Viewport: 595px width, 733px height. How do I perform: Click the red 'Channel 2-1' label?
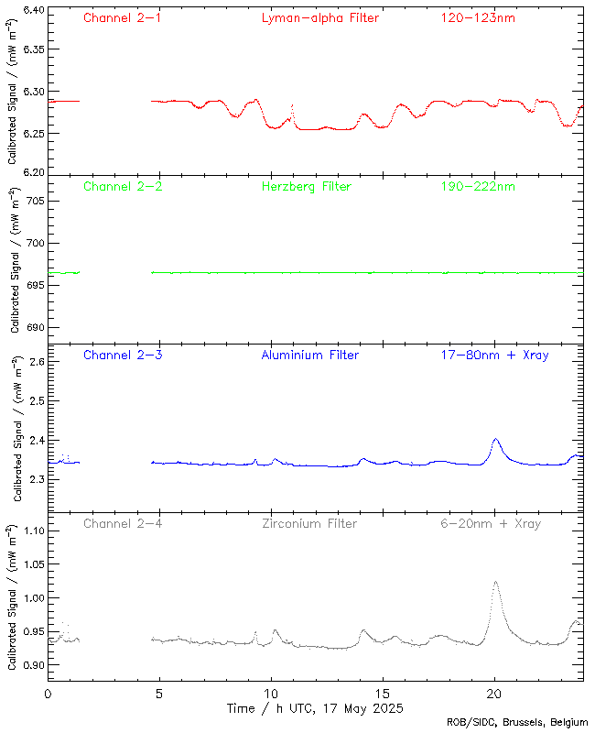tap(122, 18)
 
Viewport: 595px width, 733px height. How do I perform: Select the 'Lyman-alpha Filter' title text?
tap(319, 18)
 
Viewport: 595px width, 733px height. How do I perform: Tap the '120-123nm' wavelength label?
tap(477, 18)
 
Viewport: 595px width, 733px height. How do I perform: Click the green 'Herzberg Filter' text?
tap(306, 187)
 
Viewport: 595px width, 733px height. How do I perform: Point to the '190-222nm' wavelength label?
tap(477, 187)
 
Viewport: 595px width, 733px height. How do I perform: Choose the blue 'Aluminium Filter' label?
tap(309, 356)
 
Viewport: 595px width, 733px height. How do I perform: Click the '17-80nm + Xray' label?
tap(494, 356)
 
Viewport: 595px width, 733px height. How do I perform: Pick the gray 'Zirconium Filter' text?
tap(308, 524)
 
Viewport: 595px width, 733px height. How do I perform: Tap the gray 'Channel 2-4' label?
tap(122, 524)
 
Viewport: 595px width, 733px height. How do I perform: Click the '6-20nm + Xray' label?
tap(490, 524)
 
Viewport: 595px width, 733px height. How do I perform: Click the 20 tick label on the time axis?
tap(494, 695)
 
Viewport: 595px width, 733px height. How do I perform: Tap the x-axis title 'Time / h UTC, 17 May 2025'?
tap(315, 709)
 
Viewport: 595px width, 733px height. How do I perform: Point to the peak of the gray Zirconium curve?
tap(495, 582)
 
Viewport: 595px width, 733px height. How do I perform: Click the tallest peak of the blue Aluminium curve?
tap(495, 440)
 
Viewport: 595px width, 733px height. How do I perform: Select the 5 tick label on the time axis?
tap(159, 695)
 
